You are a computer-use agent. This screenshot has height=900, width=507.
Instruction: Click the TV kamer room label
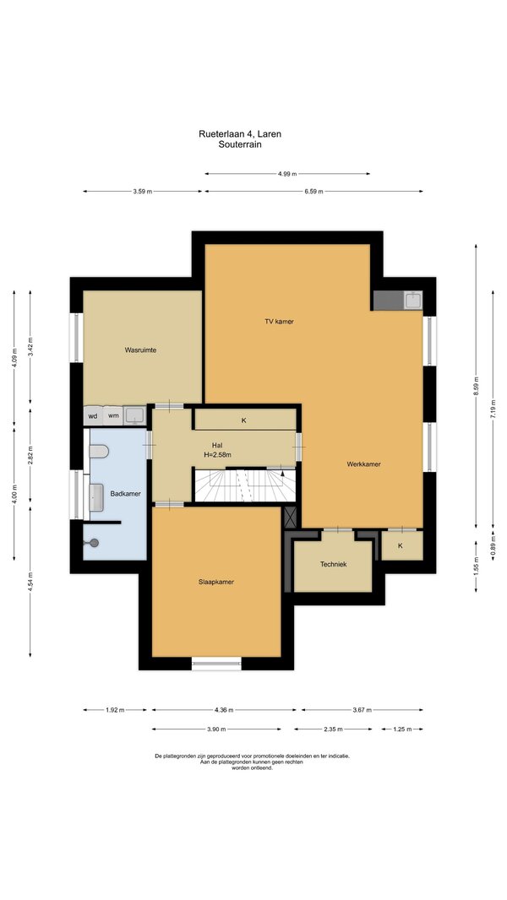pos(279,322)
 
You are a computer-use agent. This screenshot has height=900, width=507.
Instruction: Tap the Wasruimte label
pos(140,350)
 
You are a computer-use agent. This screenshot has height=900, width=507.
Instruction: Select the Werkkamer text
pos(363,464)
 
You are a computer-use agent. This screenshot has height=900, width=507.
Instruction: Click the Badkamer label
pos(126,494)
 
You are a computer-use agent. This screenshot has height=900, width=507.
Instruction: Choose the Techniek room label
pos(333,564)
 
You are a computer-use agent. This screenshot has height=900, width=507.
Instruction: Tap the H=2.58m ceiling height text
pos(217,454)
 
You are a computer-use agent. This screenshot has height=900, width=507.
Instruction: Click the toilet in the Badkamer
pos(99,451)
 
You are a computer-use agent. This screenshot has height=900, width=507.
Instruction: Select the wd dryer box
pos(93,415)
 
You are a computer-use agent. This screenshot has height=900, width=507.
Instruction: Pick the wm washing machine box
pos(114,415)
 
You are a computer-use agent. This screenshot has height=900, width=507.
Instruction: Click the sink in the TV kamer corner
pos(413,300)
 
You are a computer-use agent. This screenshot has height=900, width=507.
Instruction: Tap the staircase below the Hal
pos(245,485)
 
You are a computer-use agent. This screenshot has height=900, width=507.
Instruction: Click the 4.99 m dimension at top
pos(287,173)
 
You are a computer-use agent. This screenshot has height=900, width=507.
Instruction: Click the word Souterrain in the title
pos(240,144)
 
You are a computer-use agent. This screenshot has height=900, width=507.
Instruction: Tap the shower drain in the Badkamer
pos(94,542)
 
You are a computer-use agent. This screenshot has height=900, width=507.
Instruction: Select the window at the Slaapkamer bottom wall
pos(216,664)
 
